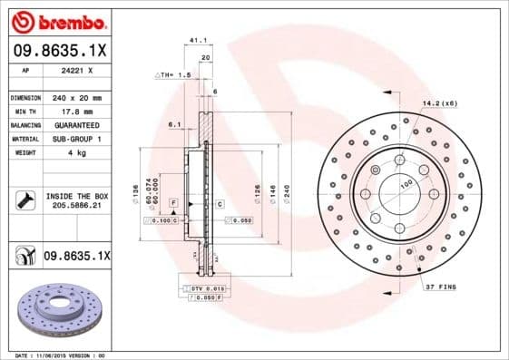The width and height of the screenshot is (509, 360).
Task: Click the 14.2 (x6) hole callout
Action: pyautogui.click(x=438, y=103)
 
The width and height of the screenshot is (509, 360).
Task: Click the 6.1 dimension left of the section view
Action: pyautogui.click(x=174, y=124)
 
